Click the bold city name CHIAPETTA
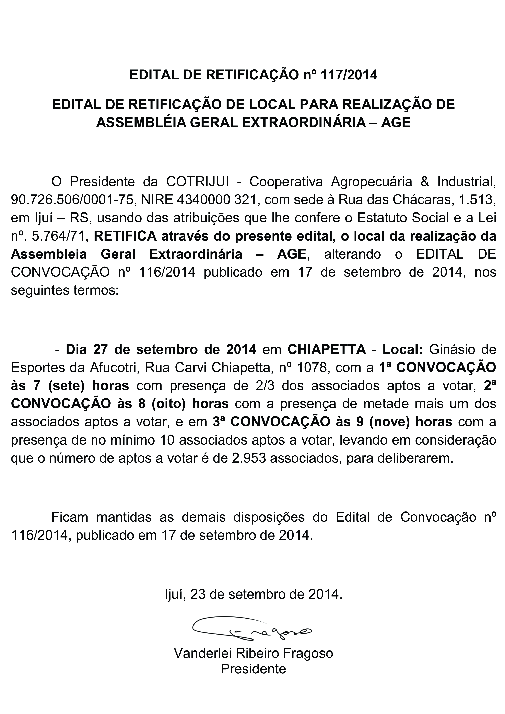coord(327,349)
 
